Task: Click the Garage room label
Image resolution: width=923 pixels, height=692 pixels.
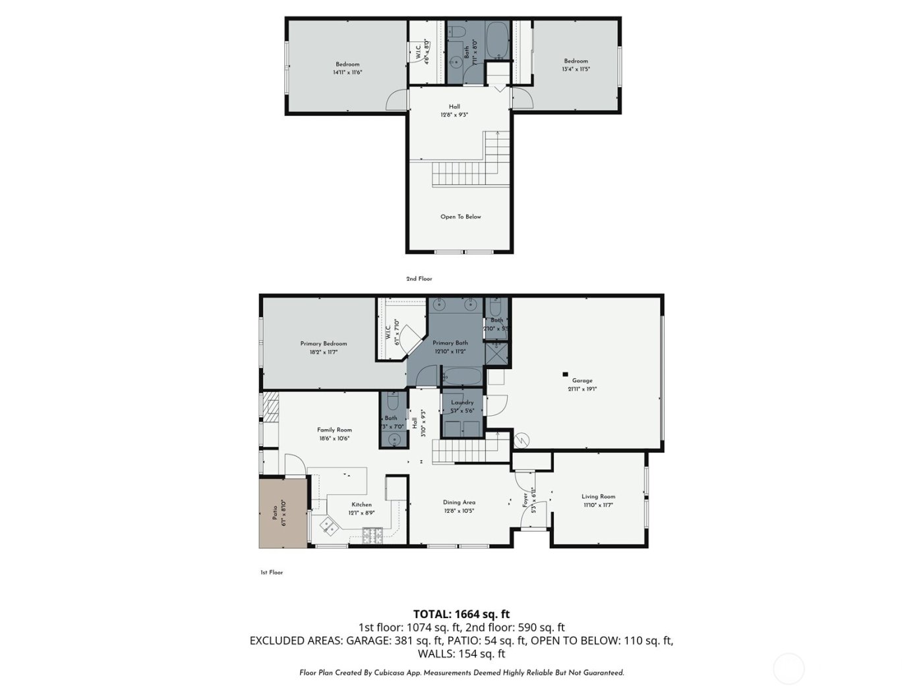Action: coord(581,380)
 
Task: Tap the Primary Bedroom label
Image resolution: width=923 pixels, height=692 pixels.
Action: coord(323,343)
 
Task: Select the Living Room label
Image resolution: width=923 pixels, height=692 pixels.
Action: coord(598,497)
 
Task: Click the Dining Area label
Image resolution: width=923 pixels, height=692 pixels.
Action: coord(459,502)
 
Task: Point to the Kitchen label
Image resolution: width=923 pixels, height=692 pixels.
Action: coord(361,505)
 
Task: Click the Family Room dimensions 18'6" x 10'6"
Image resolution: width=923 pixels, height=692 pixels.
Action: coord(334,438)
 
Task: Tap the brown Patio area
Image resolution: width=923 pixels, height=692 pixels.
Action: coord(283,513)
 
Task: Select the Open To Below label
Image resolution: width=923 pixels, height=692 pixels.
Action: coord(460,216)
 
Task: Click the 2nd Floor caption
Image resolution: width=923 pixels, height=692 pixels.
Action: coord(419,279)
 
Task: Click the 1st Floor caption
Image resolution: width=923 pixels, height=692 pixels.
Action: coord(271,573)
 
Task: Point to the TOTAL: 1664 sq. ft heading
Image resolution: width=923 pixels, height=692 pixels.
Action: coord(461,614)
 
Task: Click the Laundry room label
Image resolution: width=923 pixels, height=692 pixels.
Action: coord(462,403)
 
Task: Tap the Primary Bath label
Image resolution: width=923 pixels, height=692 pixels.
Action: coord(450,343)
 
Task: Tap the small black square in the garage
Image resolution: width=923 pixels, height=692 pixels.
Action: coord(564,374)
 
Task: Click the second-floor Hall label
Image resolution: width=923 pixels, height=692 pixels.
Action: coord(454,107)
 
